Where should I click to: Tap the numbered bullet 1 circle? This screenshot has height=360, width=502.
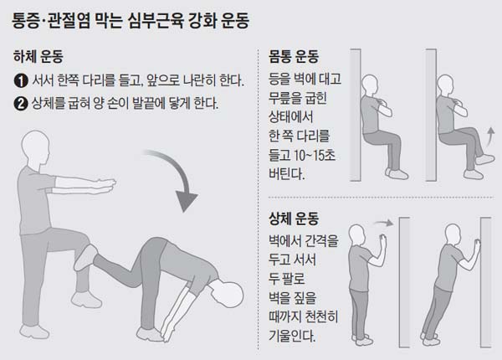[21, 82]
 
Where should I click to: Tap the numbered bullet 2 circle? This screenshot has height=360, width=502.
[21, 105]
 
